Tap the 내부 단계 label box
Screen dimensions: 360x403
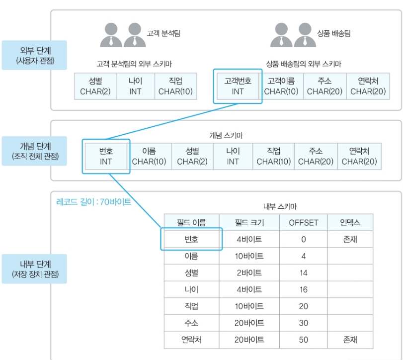point(34,269)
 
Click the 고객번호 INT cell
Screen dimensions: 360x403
point(238,86)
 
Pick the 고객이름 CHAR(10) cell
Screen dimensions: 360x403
point(281,86)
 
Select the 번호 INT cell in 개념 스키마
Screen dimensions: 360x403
point(106,156)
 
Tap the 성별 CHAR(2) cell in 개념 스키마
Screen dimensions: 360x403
point(192,156)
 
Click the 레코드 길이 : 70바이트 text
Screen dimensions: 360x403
point(94,202)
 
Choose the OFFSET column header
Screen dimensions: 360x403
point(303,222)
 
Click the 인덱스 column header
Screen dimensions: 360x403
point(350,222)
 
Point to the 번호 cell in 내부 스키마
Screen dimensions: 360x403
point(191,240)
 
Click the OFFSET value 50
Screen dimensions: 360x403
point(303,340)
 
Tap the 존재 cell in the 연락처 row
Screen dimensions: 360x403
point(350,340)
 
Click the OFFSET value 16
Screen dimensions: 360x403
point(303,290)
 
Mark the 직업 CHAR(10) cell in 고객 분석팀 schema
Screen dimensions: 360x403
point(175,86)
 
